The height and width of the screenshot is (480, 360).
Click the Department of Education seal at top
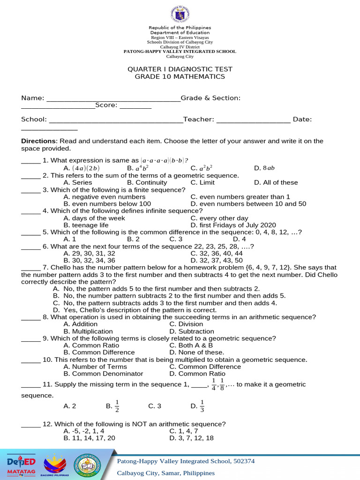pyautogui.click(x=180, y=15)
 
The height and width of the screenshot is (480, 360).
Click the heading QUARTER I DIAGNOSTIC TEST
pyautogui.click(x=180, y=69)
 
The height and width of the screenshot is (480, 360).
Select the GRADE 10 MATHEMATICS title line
pyautogui.click(x=180, y=76)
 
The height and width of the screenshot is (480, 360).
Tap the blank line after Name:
pyautogui.click(x=113, y=98)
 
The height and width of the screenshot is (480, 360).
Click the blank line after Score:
pyautogui.click(x=135, y=105)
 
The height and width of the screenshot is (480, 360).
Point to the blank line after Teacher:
pyautogui.click(x=253, y=120)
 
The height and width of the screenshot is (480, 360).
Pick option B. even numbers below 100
pyautogui.click(x=107, y=204)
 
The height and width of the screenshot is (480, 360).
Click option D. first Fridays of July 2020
pyautogui.click(x=233, y=225)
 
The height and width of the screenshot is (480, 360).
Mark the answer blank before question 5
pyautogui.click(x=31, y=232)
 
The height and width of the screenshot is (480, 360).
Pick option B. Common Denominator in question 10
pyautogui.click(x=103, y=374)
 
